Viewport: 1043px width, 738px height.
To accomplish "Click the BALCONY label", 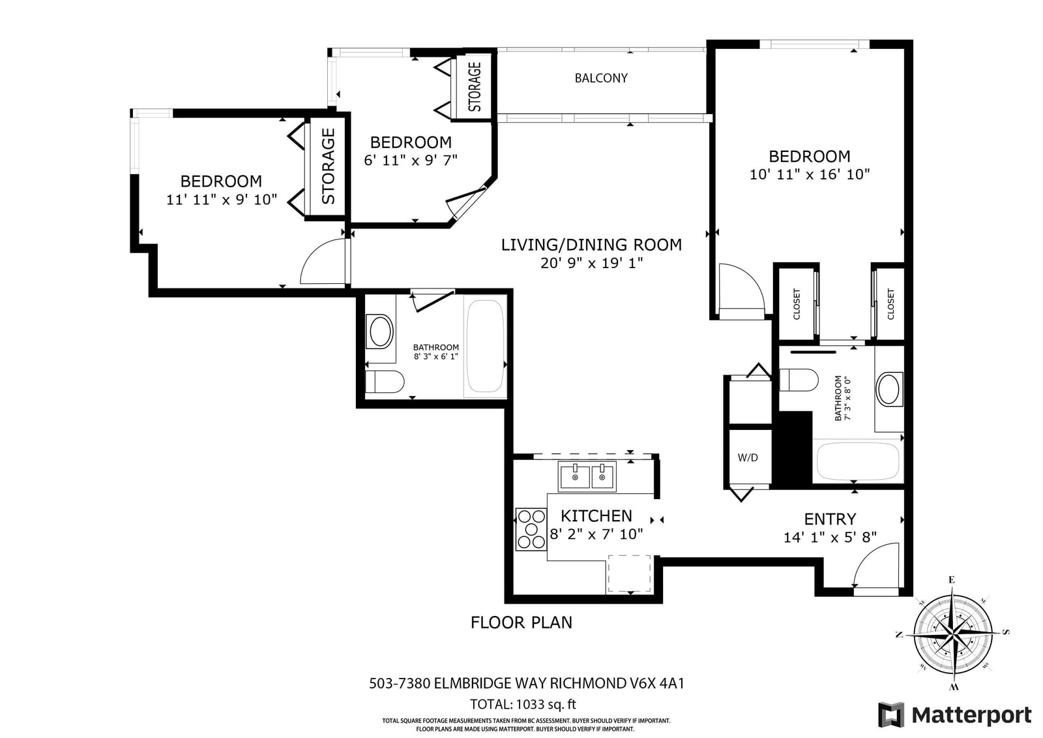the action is click(601, 78).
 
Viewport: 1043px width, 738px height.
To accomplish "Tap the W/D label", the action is click(748, 457).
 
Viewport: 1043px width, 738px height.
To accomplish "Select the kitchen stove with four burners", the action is click(531, 529).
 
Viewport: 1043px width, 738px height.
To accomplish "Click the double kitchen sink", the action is click(587, 476).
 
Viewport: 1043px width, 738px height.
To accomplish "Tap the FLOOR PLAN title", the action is click(521, 623).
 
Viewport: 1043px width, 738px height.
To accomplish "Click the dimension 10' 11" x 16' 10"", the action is click(810, 174).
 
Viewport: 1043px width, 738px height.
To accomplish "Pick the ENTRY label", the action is click(830, 519).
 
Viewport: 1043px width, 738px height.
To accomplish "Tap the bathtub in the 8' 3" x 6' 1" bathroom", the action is click(485, 345).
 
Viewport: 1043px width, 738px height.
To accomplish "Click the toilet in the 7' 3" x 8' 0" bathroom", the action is click(799, 380).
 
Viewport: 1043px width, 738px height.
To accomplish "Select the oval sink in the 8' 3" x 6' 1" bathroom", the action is click(381, 331).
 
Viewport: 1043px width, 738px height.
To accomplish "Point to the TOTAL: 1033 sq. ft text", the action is click(523, 705).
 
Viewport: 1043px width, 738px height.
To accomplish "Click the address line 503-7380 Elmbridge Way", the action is click(527, 683).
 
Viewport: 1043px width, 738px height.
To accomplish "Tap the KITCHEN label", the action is click(596, 516).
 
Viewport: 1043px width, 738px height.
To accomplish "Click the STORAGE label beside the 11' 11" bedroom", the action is click(329, 166).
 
